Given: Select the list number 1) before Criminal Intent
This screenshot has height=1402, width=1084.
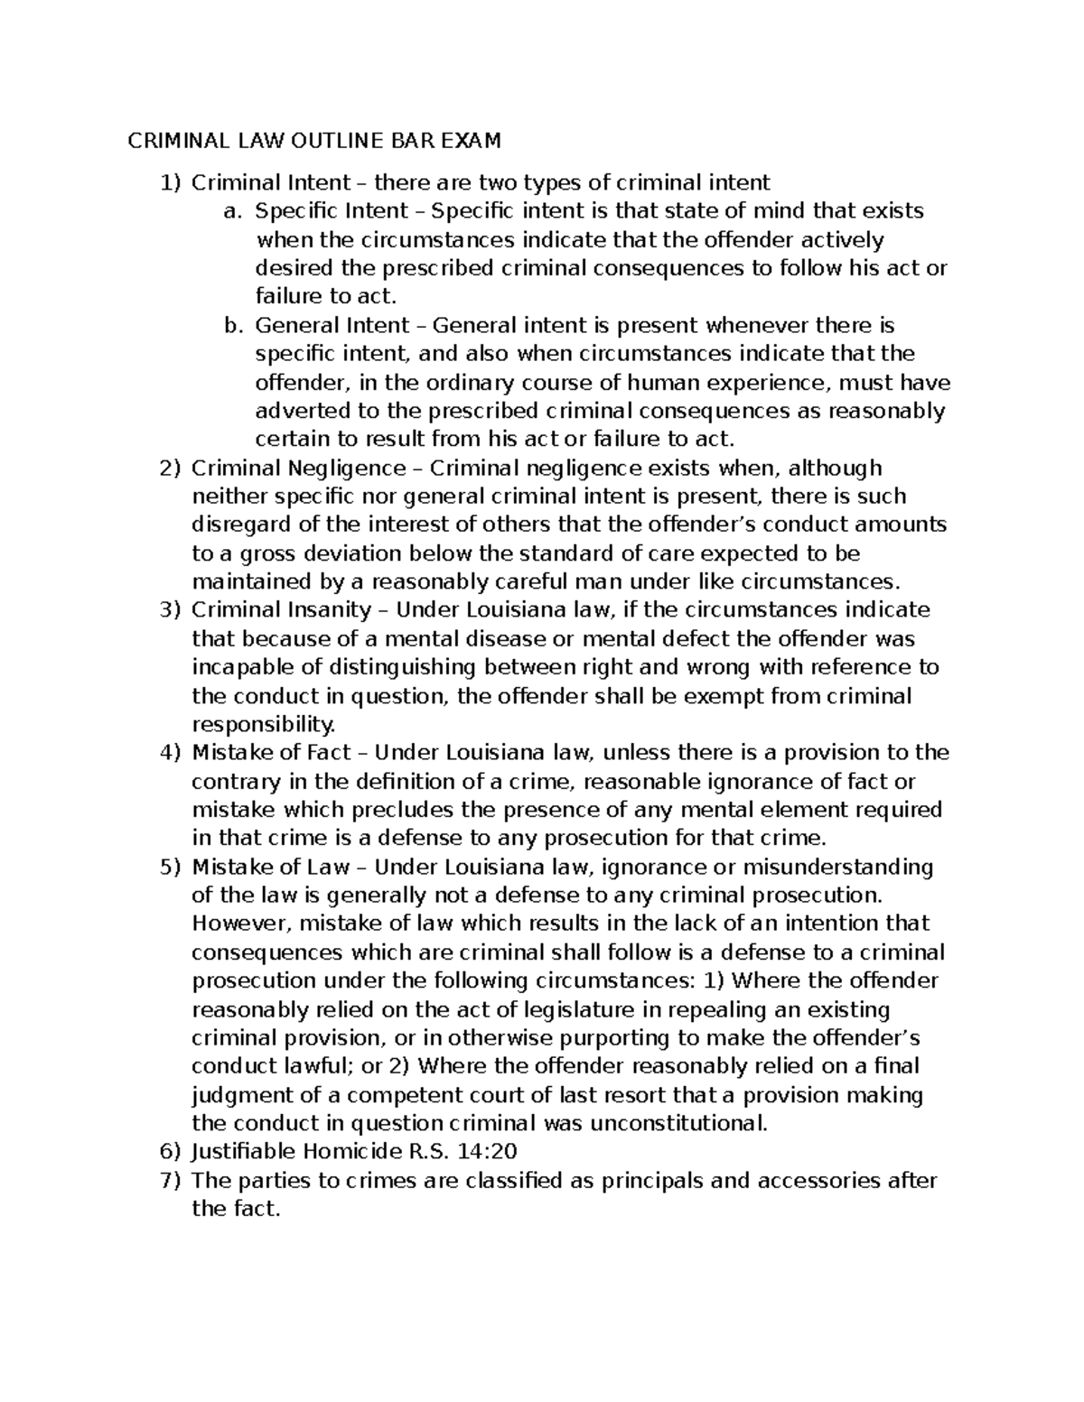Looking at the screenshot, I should point(170,183).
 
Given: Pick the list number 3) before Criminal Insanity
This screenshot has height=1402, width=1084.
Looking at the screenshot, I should point(170,610).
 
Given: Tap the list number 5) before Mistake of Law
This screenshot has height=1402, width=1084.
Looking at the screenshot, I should point(170,868).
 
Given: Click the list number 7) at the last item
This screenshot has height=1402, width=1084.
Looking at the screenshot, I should point(170,1181).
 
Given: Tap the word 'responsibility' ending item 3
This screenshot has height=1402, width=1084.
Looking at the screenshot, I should point(262,725).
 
